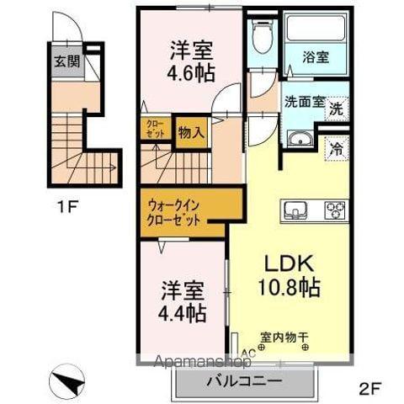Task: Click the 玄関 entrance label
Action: point(66,61)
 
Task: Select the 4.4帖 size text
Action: point(183,313)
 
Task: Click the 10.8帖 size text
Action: point(288,288)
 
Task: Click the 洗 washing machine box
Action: point(335,109)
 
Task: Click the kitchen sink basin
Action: point(297,210)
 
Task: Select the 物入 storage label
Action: point(190,132)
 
